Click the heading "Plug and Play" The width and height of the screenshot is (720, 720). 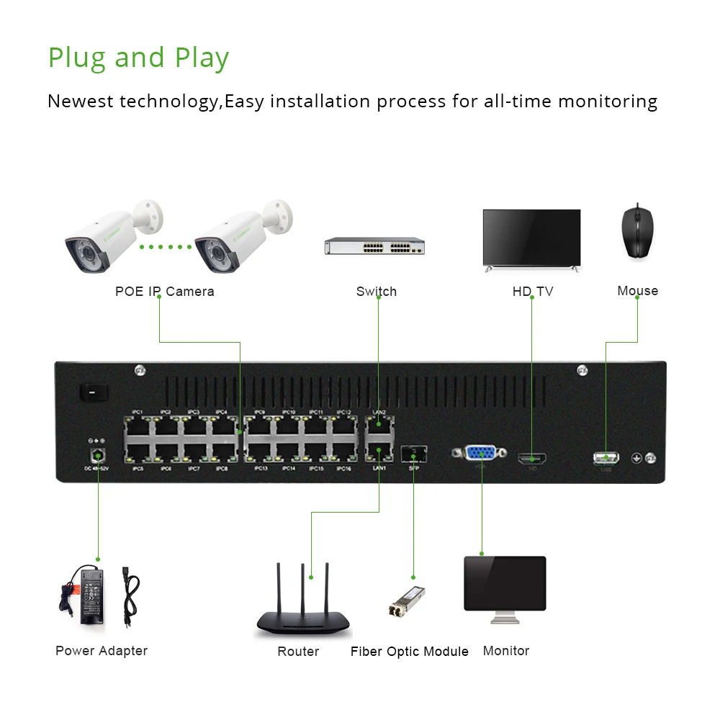coord(138,58)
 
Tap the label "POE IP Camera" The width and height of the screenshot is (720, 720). coord(164,292)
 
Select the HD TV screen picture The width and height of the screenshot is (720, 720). coord(531,238)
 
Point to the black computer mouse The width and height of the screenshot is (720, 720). coord(637,231)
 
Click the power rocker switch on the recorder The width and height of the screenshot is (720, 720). coord(93,392)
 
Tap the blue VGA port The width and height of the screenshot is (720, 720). coord(480,453)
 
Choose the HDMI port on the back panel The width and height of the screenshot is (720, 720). coord(532,458)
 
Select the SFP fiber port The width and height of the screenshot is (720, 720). coord(413,454)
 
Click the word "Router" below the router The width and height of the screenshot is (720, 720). coord(298,652)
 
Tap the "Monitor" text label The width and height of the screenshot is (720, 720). coord(505,651)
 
